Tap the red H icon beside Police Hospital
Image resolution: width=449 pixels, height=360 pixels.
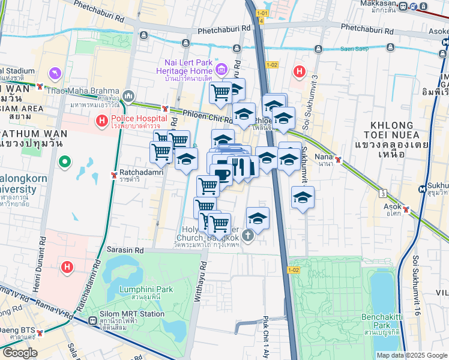[x=102, y=121]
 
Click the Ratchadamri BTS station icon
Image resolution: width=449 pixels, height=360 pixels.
[x=114, y=175]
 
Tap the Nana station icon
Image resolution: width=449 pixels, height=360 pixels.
[x=339, y=160]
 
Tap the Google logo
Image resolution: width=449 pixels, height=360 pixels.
[x=19, y=353]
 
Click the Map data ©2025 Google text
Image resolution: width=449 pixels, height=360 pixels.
[x=411, y=355]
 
